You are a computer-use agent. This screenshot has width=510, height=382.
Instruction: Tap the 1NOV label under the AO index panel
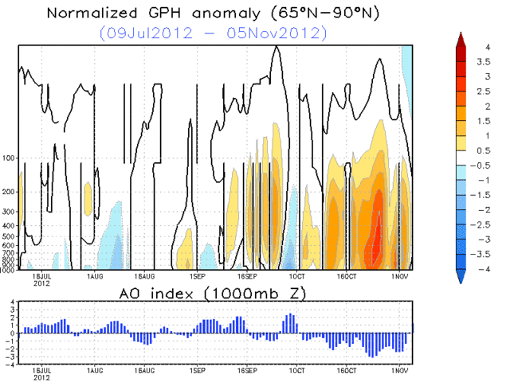[x=398, y=371]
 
